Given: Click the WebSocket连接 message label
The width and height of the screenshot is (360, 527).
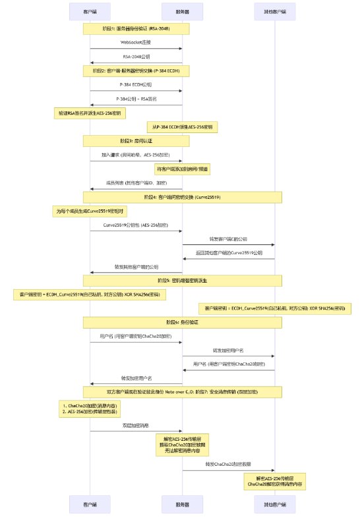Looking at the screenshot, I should [x=136, y=42].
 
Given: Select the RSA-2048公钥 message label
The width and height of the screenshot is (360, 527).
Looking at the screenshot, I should [x=136, y=57].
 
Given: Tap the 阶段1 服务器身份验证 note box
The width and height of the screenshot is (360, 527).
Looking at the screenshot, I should [x=136, y=29].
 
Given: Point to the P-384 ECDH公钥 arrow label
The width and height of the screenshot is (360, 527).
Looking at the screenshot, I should [x=136, y=85].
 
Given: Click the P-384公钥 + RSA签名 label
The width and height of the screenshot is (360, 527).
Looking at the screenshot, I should [x=136, y=99].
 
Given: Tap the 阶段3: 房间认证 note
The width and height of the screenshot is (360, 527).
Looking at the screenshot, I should [x=136, y=140].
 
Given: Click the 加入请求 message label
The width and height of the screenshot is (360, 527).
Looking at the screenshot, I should [x=136, y=154].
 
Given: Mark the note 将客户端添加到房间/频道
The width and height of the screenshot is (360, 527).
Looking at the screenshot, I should [x=182, y=169].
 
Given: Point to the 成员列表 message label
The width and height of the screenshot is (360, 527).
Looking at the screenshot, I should [x=136, y=182].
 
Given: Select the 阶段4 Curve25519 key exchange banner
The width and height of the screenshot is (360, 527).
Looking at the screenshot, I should [x=182, y=197].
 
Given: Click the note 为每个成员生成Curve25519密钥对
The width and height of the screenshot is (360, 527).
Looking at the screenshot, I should [x=90, y=211].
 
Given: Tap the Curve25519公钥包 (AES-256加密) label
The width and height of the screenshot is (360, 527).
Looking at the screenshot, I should [x=136, y=225].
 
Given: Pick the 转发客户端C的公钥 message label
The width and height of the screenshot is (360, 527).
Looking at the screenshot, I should [x=228, y=238].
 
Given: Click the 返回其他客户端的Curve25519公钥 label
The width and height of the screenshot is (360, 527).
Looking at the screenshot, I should [x=228, y=252].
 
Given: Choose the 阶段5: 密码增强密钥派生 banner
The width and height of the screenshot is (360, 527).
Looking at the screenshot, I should [x=182, y=281].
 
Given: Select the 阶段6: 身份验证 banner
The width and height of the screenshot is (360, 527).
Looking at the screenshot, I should [x=182, y=322].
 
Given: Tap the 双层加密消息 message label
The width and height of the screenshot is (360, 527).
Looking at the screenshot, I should [x=136, y=426].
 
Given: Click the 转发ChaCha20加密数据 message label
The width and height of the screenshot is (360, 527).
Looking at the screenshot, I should [x=228, y=464].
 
